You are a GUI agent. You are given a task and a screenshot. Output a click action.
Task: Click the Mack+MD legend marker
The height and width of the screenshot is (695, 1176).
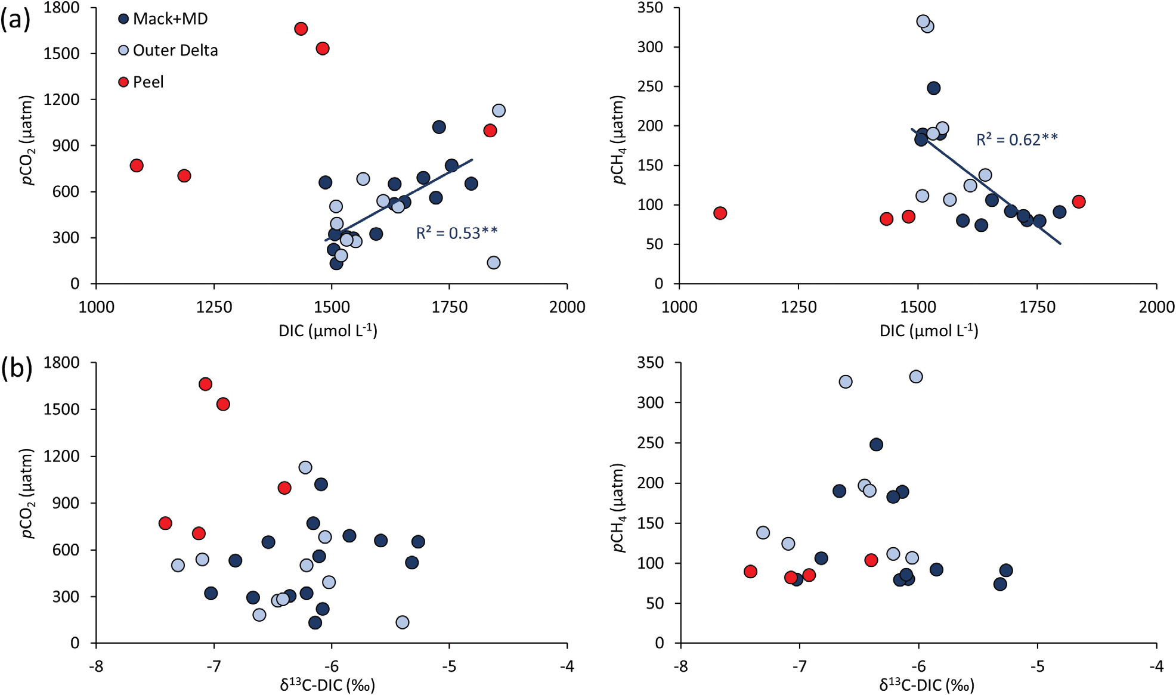(x=123, y=19)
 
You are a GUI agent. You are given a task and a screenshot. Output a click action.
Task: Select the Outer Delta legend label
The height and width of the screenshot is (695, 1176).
(x=175, y=51)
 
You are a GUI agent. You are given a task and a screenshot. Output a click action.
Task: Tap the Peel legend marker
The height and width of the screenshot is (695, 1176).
(x=123, y=82)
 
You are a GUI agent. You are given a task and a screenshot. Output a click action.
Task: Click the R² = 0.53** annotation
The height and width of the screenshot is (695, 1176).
(x=456, y=233)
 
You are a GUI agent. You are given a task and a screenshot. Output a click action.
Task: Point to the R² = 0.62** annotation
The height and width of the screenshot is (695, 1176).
(x=1017, y=139)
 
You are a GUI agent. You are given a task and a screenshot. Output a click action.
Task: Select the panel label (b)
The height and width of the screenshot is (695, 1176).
(x=16, y=368)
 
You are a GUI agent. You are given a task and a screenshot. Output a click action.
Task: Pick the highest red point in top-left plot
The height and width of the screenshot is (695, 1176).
(x=301, y=29)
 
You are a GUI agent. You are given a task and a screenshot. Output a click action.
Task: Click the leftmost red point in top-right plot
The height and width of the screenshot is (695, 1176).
(x=720, y=213)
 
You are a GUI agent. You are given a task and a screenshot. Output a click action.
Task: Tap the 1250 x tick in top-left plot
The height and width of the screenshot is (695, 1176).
(x=214, y=307)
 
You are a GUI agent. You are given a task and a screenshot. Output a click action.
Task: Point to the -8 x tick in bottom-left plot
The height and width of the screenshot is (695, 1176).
(x=96, y=666)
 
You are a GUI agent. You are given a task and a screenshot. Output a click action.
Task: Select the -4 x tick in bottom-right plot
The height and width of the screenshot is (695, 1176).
(x=1156, y=666)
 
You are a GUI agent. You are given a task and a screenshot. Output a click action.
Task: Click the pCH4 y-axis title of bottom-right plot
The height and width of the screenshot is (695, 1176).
(x=620, y=508)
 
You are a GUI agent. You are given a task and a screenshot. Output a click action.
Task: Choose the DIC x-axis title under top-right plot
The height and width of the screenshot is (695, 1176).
(x=929, y=331)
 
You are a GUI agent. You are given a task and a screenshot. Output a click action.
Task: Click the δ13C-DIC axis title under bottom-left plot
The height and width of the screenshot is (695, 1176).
(x=327, y=685)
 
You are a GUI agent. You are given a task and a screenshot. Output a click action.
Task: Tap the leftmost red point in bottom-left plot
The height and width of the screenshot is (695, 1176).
(x=166, y=523)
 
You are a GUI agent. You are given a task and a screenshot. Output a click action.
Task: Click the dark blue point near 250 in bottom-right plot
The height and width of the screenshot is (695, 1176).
(x=876, y=445)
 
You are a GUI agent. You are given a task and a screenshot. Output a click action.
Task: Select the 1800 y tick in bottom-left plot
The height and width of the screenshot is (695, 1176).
(x=66, y=362)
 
